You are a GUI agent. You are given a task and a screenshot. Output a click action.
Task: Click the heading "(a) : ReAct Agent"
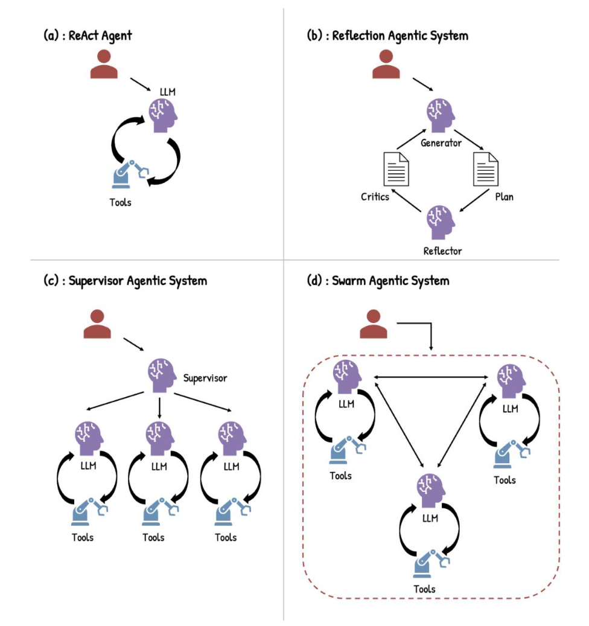pos(88,35)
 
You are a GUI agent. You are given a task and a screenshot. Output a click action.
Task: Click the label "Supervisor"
pos(205,378)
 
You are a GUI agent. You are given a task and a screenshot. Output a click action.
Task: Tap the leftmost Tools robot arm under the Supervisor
pos(84,511)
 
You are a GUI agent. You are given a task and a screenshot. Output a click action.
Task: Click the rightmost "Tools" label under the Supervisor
pos(226,537)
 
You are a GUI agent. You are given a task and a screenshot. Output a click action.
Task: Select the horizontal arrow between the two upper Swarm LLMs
pos(431,378)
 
